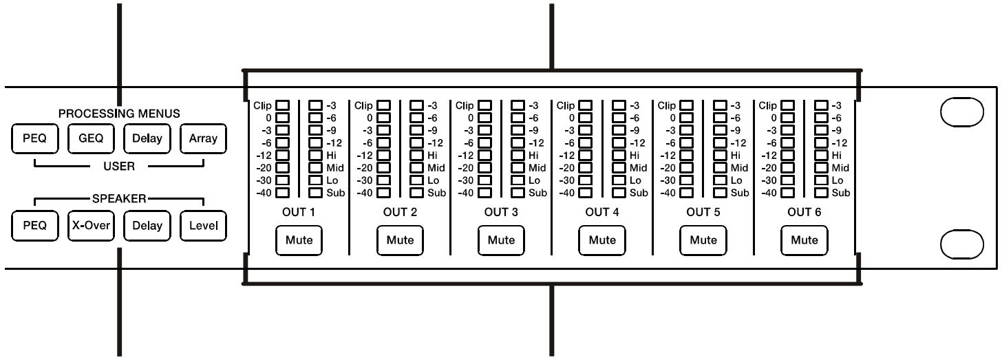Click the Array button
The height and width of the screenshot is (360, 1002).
click(203, 138)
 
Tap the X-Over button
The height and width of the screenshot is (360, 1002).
click(90, 226)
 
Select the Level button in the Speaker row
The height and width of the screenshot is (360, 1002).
click(203, 226)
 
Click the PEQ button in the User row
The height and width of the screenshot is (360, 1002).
click(34, 138)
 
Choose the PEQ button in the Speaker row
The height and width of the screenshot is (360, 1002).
click(34, 226)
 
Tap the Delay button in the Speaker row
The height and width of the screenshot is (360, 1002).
click(147, 226)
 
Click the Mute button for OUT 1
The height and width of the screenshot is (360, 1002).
click(299, 240)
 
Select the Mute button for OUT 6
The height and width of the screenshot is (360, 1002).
click(804, 240)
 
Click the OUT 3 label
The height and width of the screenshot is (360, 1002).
click(501, 212)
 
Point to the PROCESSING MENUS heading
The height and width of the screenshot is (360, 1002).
click(118, 113)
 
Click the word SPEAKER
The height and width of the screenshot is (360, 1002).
click(119, 199)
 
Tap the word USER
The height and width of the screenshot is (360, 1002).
click(118, 166)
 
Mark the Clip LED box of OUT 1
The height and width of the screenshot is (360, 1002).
click(283, 106)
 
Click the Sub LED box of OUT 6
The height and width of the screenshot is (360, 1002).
click(821, 193)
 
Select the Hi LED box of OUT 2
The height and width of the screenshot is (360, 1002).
click(417, 156)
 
